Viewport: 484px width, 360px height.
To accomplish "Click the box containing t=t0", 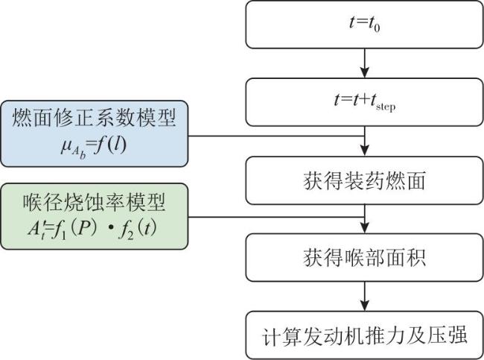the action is pos(364,25).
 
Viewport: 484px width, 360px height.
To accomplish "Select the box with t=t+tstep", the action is pos(364,102).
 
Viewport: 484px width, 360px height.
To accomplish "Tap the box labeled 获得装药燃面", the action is pos(364,180).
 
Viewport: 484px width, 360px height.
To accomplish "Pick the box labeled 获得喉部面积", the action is pos(364,257).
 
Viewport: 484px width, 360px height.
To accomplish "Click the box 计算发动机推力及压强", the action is pos(364,335).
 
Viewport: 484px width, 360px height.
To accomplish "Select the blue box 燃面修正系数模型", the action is pos(94,133).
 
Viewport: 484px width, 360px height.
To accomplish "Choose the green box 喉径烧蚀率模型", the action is pos(94,216).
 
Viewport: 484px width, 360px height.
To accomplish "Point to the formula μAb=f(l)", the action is pos(93,147).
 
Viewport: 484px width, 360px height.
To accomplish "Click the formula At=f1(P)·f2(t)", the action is pos(92,230).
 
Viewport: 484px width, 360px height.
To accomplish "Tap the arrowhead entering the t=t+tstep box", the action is pos(365,73).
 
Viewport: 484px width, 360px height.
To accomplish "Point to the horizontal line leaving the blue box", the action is pos(276,136).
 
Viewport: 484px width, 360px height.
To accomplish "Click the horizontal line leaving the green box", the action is pos(276,217).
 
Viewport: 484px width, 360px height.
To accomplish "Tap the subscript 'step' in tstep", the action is pos(386,107).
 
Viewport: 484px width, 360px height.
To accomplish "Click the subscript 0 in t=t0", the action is pos(377,28).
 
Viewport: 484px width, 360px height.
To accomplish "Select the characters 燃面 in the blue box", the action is pos(33,118).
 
